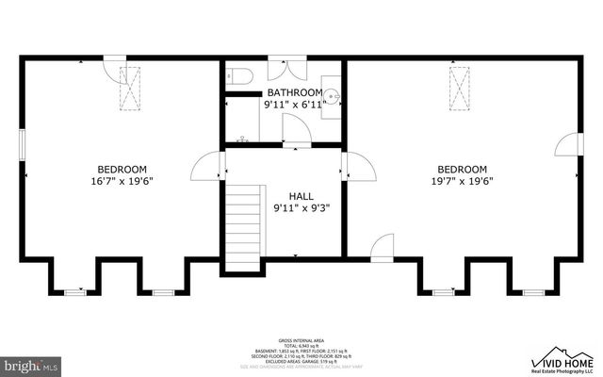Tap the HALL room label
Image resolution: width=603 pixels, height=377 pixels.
(301, 195)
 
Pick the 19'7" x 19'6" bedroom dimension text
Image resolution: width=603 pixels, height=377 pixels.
(463, 181)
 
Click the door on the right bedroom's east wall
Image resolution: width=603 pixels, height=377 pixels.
(567, 145)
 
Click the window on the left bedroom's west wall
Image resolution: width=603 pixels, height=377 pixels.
(24, 148)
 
